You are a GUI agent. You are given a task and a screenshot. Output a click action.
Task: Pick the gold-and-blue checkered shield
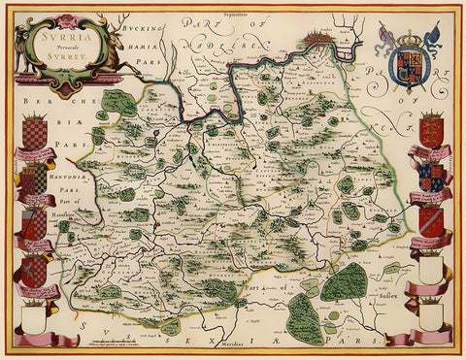(34, 127)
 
